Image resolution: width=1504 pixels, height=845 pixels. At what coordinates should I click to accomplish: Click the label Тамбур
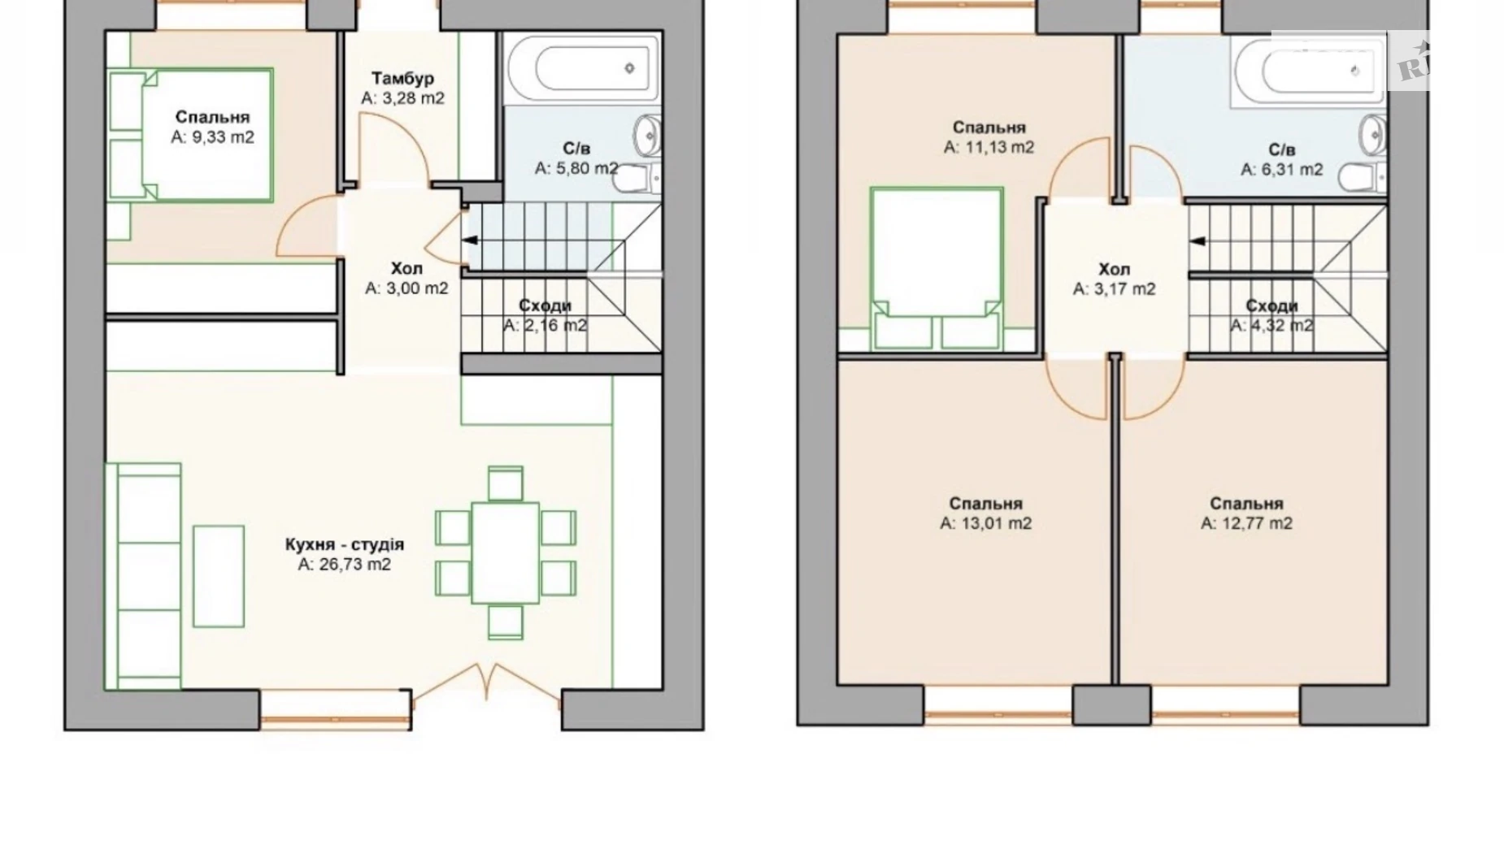[403, 78]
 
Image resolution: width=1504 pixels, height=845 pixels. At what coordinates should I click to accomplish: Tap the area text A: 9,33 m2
[212, 137]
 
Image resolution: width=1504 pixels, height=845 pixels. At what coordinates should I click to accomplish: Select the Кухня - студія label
[345, 544]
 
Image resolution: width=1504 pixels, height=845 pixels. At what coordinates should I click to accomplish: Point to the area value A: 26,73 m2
[345, 564]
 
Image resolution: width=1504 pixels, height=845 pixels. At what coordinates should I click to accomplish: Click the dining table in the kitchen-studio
[506, 552]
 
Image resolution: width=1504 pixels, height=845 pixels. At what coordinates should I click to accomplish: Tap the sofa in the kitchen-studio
[143, 576]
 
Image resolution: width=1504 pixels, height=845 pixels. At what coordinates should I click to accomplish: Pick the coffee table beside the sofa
[219, 576]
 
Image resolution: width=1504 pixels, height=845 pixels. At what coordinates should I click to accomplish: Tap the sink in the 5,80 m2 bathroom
[648, 134]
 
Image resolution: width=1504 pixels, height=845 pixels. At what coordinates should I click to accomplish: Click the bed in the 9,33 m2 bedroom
[191, 135]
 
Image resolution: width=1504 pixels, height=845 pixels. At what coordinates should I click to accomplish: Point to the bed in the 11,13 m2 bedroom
[936, 268]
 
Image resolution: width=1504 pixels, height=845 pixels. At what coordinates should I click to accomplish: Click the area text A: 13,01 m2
[985, 523]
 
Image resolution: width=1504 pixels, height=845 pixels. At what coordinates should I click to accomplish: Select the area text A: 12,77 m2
[1246, 523]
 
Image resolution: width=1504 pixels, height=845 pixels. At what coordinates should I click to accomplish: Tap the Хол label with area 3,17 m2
[1114, 269]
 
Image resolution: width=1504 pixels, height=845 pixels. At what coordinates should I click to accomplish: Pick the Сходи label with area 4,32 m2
[1271, 305]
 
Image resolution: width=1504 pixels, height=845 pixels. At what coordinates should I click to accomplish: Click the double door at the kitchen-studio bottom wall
[487, 682]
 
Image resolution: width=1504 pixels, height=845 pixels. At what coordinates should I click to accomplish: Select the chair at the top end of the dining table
[506, 484]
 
